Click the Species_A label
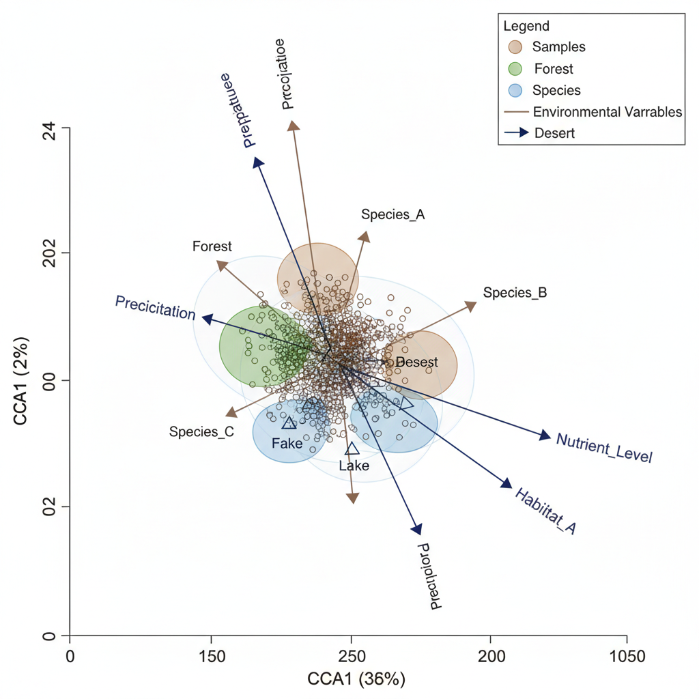point(393,214)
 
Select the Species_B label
point(515,293)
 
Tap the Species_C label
point(201,431)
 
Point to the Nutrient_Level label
point(604,448)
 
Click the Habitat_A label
point(545,511)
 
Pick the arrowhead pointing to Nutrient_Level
point(545,436)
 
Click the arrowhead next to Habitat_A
point(506,483)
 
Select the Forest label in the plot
point(212,246)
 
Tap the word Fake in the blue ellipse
point(287,443)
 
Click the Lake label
point(354,466)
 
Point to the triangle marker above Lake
point(352,448)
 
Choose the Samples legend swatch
point(515,47)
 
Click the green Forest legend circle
point(515,69)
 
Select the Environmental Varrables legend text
point(608,112)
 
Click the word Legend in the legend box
point(526,27)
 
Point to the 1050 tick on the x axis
point(627,657)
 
